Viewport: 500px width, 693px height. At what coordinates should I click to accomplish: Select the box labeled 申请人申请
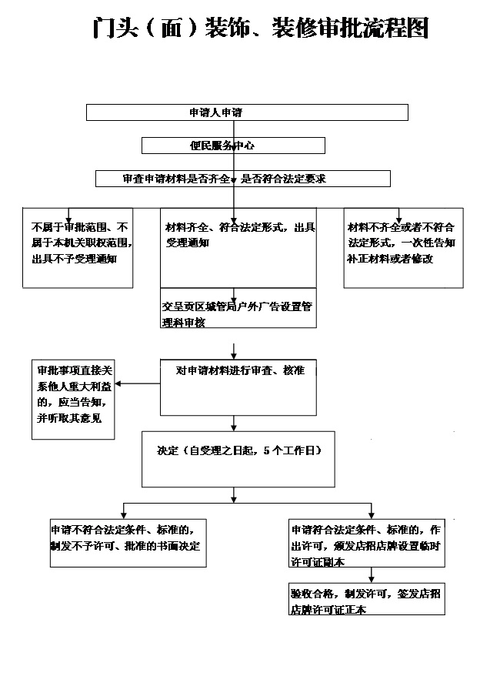[246, 112]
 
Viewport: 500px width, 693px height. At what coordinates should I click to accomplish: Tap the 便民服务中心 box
[233, 146]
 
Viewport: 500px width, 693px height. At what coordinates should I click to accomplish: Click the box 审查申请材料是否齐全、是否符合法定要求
[243, 179]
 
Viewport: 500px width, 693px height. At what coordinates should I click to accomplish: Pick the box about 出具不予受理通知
[78, 247]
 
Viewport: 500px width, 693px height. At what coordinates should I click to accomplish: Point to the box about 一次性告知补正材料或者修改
[403, 247]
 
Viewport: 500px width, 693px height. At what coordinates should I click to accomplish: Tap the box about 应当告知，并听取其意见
[73, 400]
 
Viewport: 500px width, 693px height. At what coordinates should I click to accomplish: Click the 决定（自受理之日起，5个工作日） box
[233, 459]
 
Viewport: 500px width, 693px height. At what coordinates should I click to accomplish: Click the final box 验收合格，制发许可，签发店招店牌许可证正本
[364, 599]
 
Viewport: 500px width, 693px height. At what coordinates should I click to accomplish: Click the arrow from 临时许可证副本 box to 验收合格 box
[372, 575]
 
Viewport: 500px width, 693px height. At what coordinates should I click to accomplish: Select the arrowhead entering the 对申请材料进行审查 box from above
[233, 355]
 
